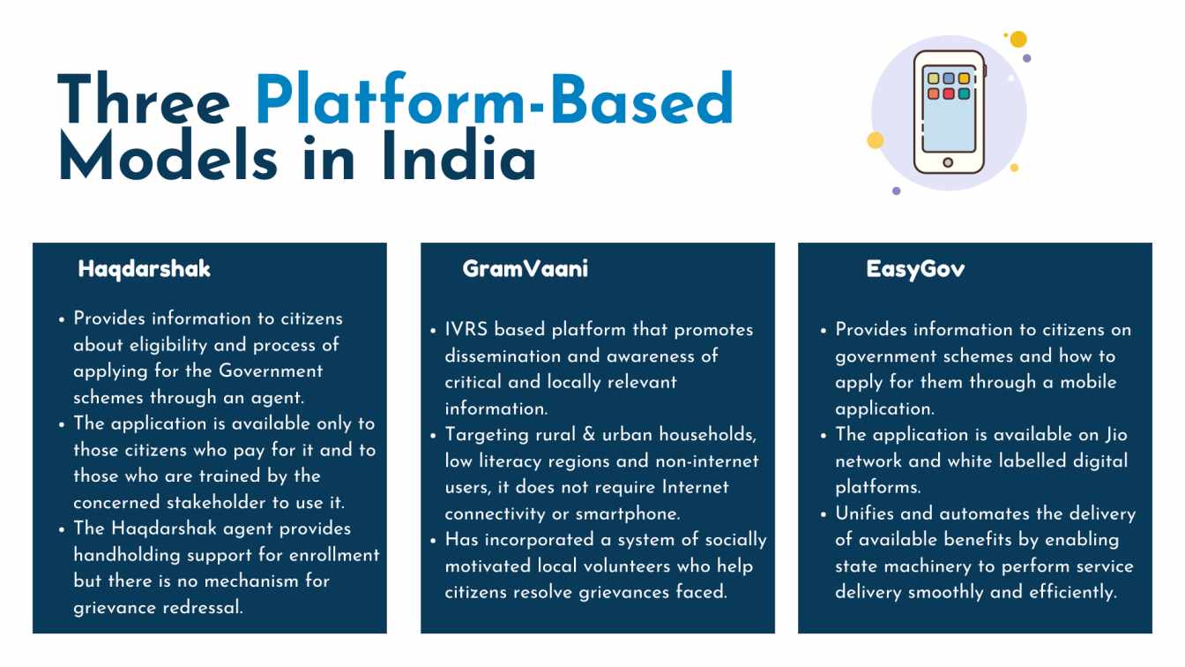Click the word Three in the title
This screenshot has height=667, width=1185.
coord(144,100)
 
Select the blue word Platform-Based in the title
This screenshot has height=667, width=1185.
coord(495,99)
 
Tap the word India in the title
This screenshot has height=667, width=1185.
coord(458,155)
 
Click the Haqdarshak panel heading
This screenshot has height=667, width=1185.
coord(144,269)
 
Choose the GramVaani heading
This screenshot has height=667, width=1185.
coord(525,269)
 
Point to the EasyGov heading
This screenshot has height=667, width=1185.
coord(915,269)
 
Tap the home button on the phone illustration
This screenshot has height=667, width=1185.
coord(948,162)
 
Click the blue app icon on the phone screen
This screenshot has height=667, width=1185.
coord(949,79)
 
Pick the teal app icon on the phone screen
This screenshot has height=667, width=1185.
coord(964,94)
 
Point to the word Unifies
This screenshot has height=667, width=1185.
coord(864,513)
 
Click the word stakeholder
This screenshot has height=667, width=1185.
coord(216,502)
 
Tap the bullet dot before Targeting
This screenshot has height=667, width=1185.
coord(433,436)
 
